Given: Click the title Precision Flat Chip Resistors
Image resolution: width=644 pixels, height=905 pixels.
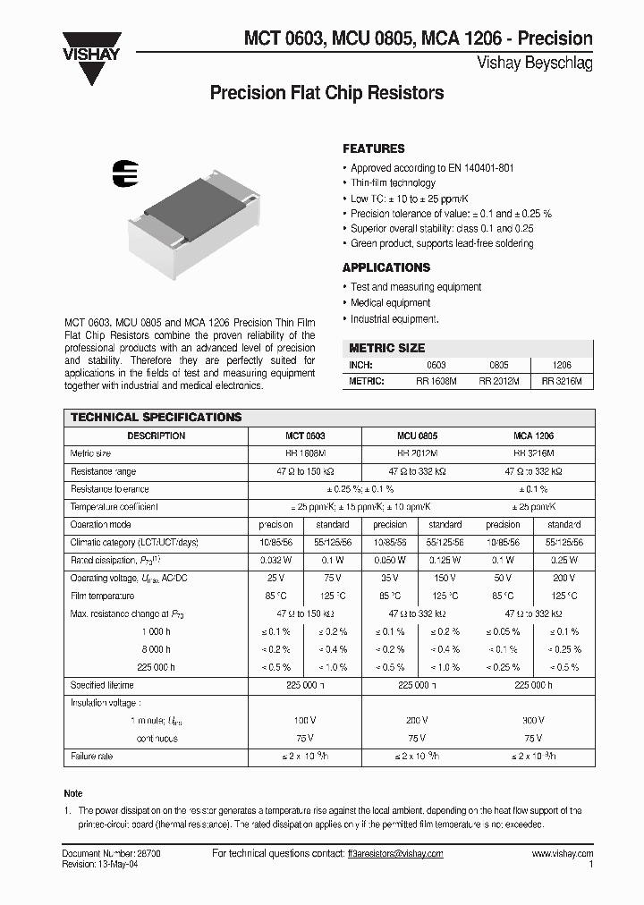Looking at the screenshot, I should pyautogui.click(x=326, y=93).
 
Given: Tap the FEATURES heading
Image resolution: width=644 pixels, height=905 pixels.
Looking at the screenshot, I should pyautogui.click(x=374, y=148).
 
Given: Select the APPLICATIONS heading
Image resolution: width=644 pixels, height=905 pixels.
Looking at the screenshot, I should pyautogui.click(x=386, y=267).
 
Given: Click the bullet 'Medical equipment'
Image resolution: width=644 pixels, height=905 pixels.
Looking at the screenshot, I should pyautogui.click(x=391, y=303).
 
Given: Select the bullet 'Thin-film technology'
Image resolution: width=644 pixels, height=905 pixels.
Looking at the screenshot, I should pyautogui.click(x=393, y=182).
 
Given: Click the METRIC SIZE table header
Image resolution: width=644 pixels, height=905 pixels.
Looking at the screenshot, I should pyautogui.click(x=386, y=348).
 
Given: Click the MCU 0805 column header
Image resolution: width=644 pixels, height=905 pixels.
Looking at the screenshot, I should pyautogui.click(x=419, y=436).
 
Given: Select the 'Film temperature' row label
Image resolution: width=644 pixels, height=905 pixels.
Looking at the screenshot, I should pyautogui.click(x=103, y=596).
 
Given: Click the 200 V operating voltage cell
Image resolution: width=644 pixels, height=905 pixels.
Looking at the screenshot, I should pyautogui.click(x=563, y=579).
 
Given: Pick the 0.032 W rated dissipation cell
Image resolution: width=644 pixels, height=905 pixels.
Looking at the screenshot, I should pyautogui.click(x=275, y=561).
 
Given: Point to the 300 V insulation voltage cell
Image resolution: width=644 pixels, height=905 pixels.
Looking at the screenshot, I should pyautogui.click(x=533, y=720).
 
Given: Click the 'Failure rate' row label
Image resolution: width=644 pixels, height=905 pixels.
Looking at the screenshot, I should pyautogui.click(x=92, y=757).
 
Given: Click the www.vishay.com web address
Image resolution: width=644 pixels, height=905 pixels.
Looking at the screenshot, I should pyautogui.click(x=562, y=854).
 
